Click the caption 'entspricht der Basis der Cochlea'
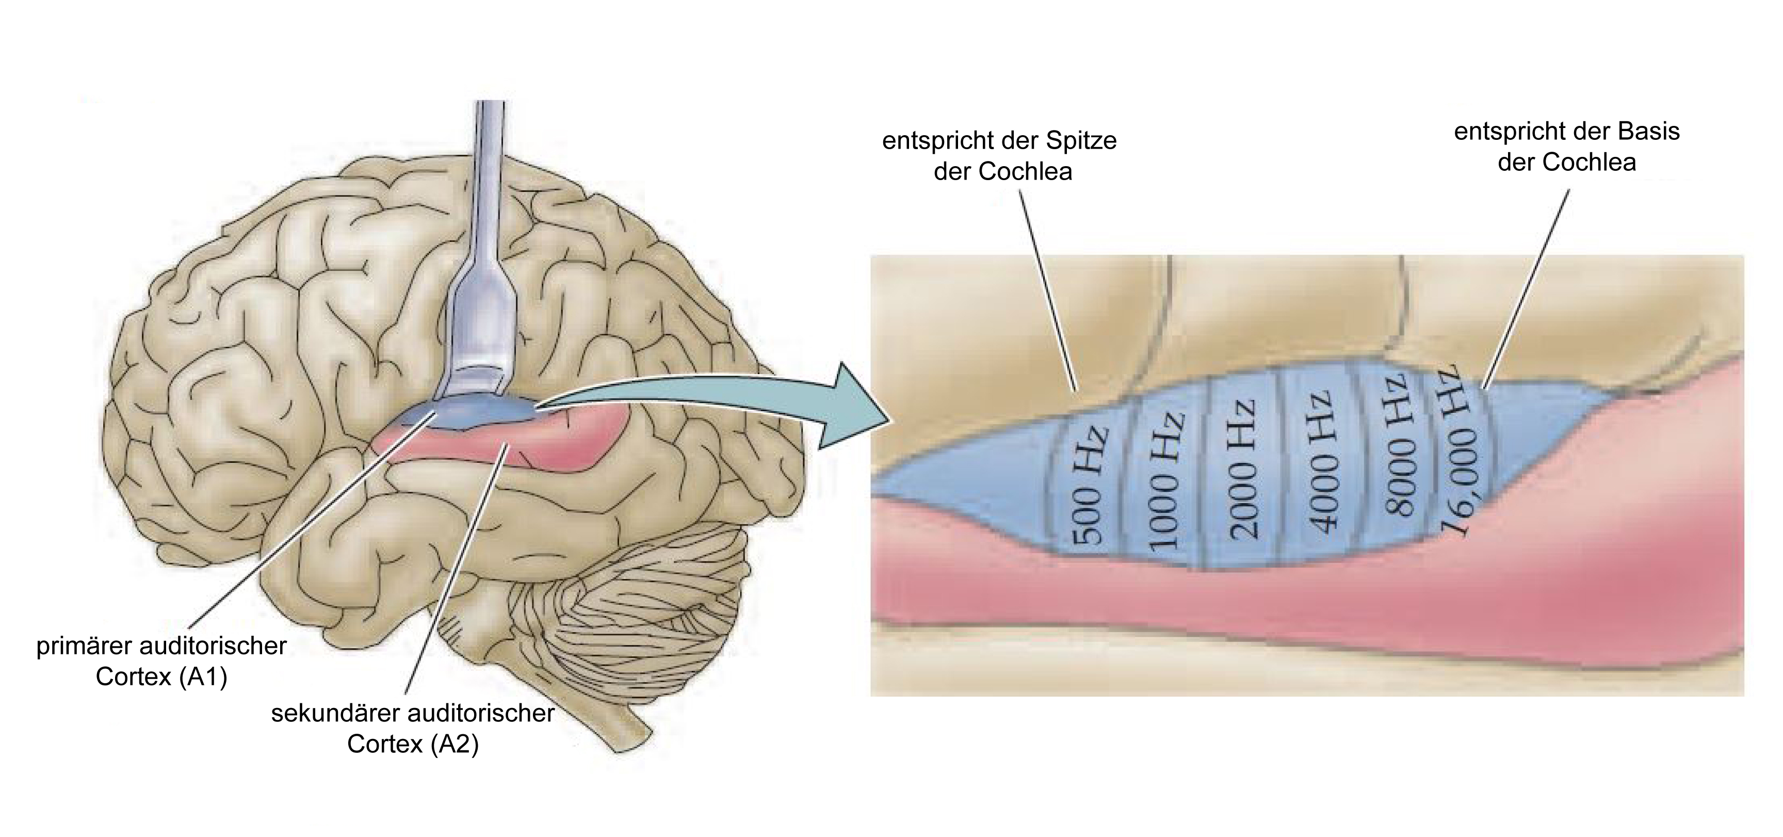1567,147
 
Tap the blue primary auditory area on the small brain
471,414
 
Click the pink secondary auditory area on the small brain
498,450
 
